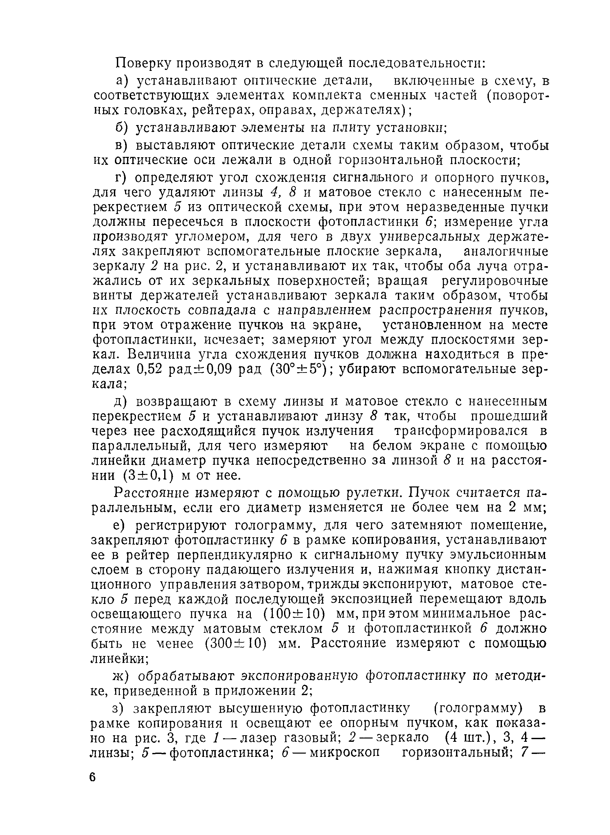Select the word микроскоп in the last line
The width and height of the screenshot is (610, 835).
click(345, 752)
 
